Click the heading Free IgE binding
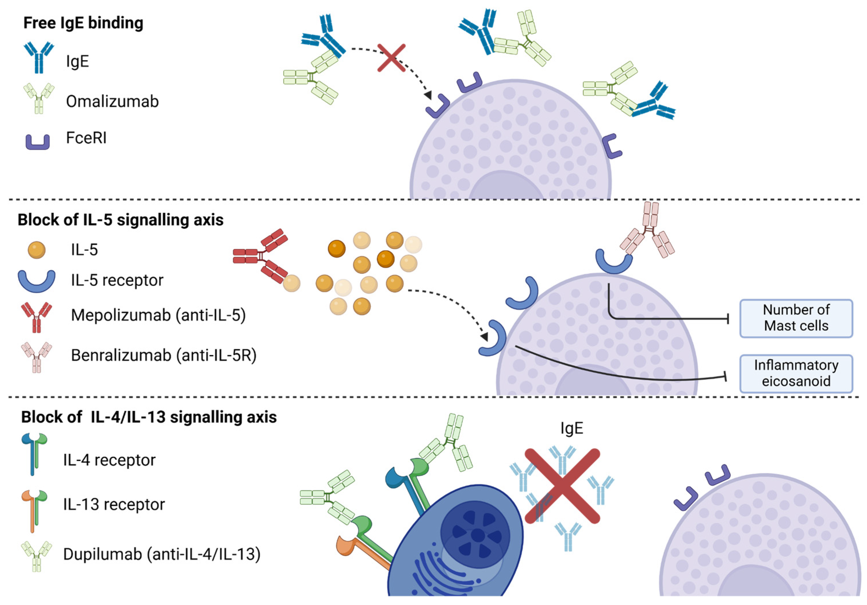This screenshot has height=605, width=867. point(83,23)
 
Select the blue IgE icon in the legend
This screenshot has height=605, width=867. point(39,58)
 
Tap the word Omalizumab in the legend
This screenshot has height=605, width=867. point(112,101)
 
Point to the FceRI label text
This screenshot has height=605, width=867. point(86,138)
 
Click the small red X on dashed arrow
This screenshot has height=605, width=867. point(391,58)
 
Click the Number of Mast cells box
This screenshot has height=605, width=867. point(796,318)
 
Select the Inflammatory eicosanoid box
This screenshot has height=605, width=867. point(796,373)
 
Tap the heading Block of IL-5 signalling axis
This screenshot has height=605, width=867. point(120,220)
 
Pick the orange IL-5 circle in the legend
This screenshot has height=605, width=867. point(37,250)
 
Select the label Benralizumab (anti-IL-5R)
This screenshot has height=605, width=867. point(164,355)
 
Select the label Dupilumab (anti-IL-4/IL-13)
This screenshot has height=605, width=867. point(162,554)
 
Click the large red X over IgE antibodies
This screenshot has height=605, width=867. point(562,486)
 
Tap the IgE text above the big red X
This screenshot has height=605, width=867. point(572,428)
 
